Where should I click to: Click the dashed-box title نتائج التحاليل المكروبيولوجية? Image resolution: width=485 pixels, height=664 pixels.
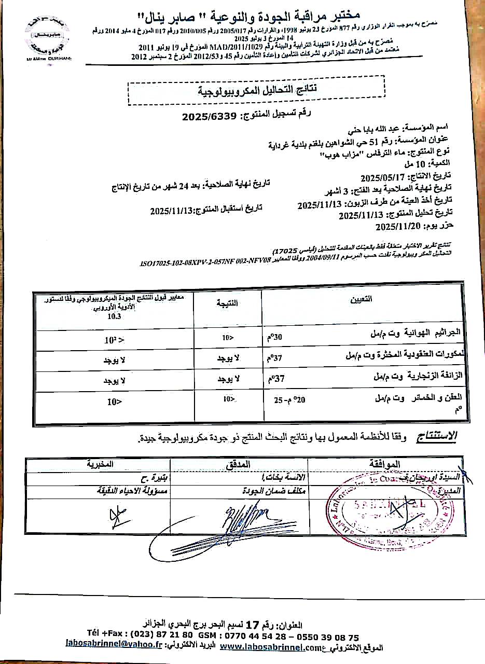(255, 90)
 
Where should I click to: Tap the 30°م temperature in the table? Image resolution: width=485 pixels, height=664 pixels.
(275, 336)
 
